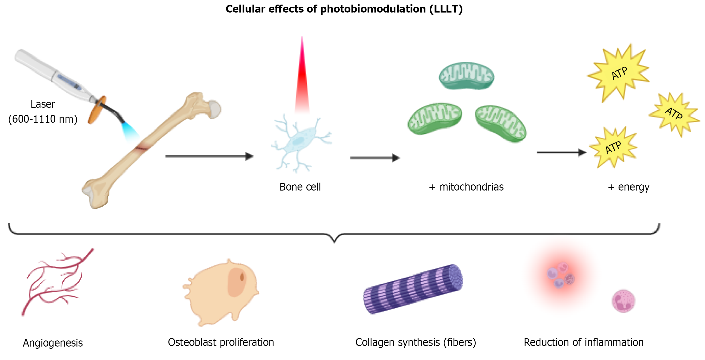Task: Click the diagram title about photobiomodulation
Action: point(344,9)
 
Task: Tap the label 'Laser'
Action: point(43,104)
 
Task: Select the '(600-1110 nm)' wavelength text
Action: point(43,119)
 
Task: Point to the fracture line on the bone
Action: point(141,148)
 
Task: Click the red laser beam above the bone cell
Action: point(302,79)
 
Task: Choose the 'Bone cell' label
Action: point(300,187)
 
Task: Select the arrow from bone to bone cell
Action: point(209,156)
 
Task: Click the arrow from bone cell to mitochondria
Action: point(375,158)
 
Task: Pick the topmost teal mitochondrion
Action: point(466,76)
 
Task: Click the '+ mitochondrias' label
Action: point(466,187)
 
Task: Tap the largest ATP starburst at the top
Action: point(619,73)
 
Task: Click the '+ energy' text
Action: point(629,187)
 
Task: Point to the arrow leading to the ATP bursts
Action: point(561,152)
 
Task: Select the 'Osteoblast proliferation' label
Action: point(221,342)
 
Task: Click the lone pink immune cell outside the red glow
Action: point(623,301)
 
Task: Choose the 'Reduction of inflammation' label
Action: point(583,342)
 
